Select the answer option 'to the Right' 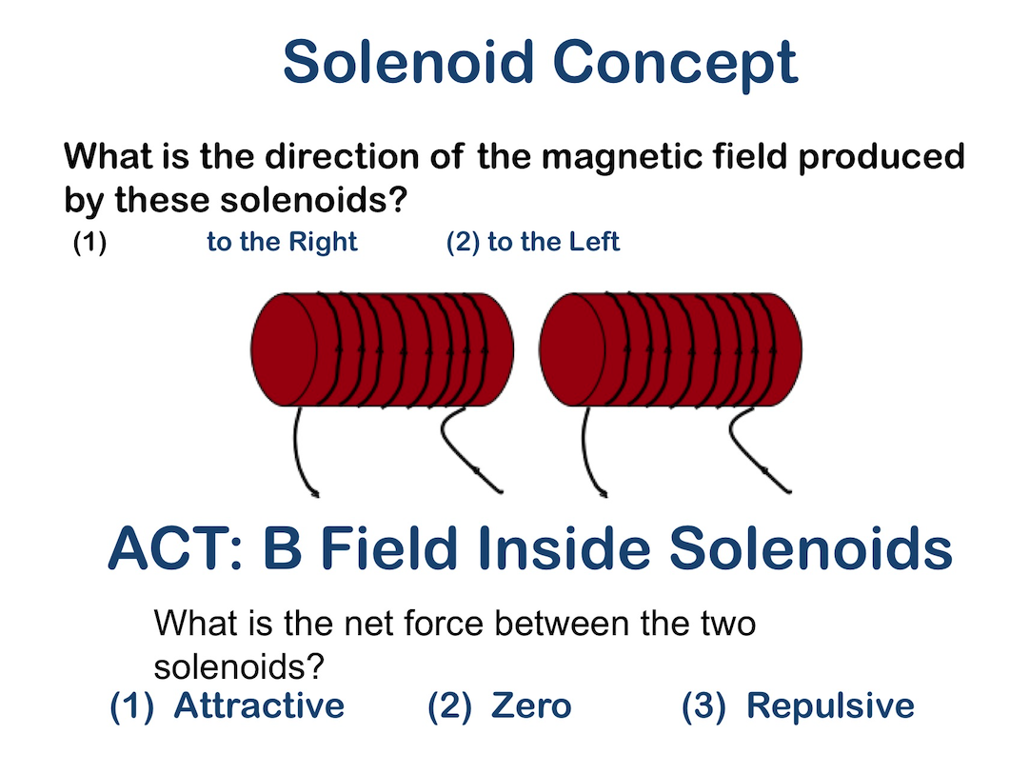coord(282,242)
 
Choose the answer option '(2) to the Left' coord(533,242)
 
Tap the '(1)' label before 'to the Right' coord(89,242)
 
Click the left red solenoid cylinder coord(381,348)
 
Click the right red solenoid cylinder coord(670,348)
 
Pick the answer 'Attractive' coord(258,705)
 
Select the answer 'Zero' coord(530,705)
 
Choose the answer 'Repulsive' coord(829,705)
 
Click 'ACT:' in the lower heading coord(176,549)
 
